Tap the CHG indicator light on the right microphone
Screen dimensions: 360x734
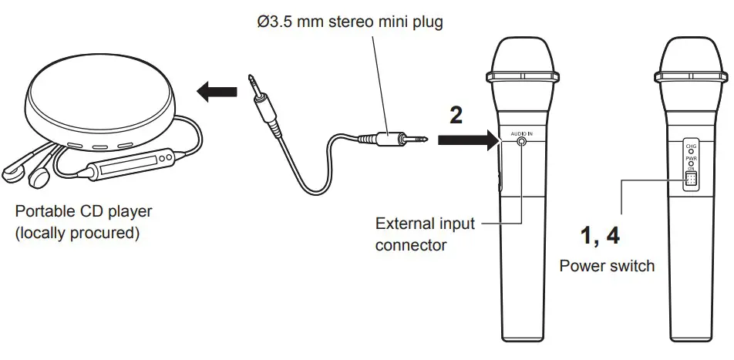(x=691, y=151)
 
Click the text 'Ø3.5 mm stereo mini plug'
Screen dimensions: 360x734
(x=349, y=22)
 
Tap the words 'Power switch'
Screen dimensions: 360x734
(x=607, y=266)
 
